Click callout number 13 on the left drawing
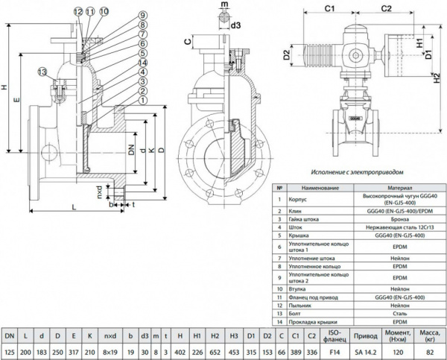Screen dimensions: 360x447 pyautogui.click(x=42, y=72)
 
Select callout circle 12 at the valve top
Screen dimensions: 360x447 pyautogui.click(x=79, y=10)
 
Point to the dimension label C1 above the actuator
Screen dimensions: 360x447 pyautogui.click(x=331, y=8)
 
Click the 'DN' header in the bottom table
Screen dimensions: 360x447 pyautogui.click(x=10, y=337)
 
